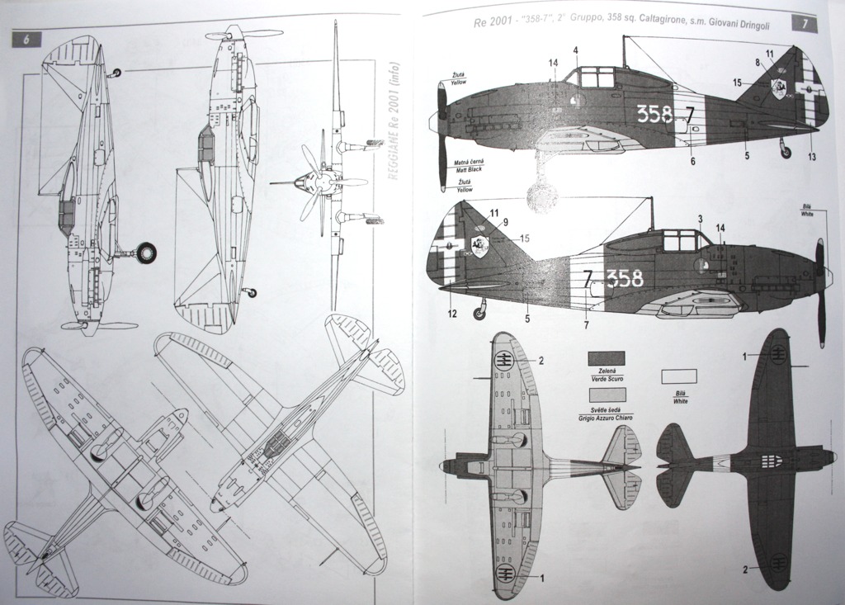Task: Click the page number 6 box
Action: pos(27,40)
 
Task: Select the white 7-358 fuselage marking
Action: pos(613,279)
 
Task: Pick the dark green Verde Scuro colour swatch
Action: pos(606,358)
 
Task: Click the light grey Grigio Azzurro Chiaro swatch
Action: pos(606,394)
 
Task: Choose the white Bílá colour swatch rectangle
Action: pos(678,376)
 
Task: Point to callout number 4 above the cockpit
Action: pos(575,51)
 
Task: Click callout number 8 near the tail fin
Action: pos(758,61)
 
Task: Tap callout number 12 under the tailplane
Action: pos(453,313)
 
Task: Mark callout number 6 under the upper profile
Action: pos(692,161)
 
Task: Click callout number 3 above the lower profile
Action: pos(700,219)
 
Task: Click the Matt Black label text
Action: pos(467,168)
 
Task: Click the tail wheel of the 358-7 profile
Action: pos(786,152)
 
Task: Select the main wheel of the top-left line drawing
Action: pos(146,253)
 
